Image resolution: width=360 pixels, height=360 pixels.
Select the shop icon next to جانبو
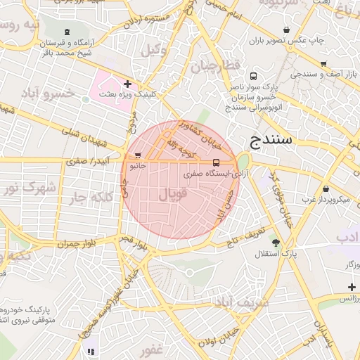[139, 155]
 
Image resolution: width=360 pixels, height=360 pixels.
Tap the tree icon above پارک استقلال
[275, 242]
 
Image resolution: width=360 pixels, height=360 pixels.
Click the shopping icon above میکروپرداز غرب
[326, 188]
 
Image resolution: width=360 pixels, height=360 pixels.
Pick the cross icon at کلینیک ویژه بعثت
[127, 84]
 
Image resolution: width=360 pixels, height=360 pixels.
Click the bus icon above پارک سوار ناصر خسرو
[252, 77]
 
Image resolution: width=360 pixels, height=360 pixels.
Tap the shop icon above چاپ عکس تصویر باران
[286, 30]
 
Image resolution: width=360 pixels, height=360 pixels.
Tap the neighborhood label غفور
[151, 349]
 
